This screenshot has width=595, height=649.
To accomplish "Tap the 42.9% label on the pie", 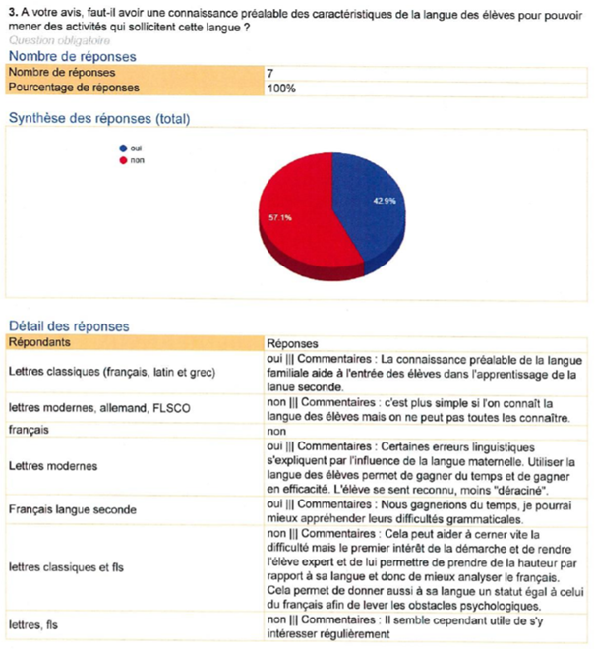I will [384, 201].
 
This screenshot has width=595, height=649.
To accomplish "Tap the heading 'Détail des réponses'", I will [69, 325].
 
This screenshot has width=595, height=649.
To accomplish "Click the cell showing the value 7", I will [270, 73].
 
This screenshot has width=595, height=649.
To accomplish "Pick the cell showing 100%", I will [279, 88].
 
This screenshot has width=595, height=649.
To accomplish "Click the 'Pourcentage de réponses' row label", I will [73, 88].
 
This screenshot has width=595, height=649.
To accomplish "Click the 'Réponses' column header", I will [293, 343].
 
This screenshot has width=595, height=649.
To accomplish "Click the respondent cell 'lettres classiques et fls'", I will [72, 567].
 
